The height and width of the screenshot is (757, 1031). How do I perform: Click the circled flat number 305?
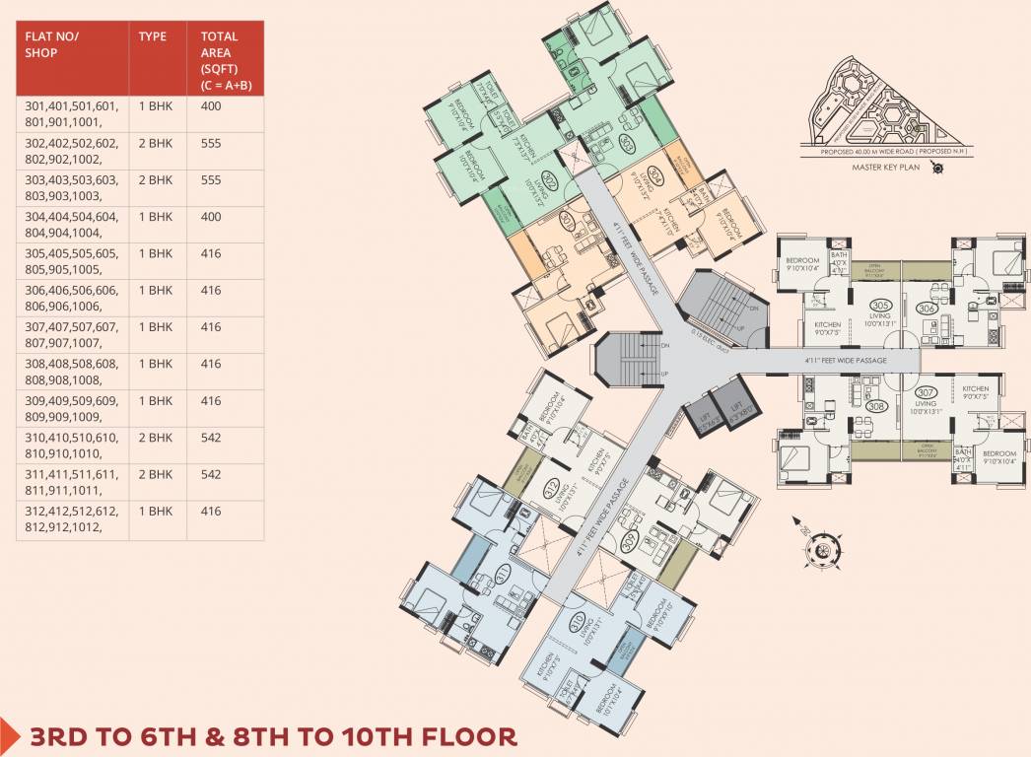882,306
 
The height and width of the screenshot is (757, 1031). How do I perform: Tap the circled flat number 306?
926,308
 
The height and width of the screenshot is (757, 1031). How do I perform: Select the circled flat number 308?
874,405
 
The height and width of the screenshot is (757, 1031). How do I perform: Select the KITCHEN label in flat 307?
975,389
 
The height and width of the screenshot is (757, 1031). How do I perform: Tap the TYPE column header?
152,36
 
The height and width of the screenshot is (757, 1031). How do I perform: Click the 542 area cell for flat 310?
210,437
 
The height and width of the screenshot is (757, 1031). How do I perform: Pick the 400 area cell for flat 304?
210,217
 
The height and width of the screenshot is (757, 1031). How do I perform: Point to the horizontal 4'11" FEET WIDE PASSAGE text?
846,361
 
